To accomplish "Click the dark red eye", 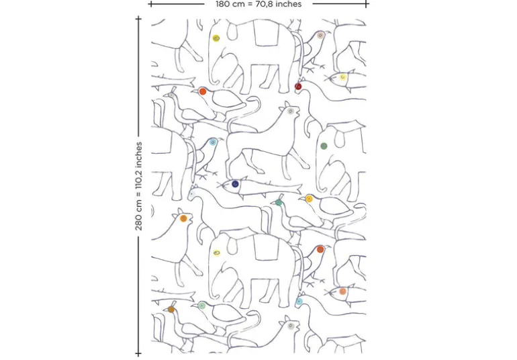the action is [x=298, y=87].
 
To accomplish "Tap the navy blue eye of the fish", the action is [x=235, y=184].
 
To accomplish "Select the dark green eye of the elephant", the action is [x=324, y=146].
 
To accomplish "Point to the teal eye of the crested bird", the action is [x=279, y=203].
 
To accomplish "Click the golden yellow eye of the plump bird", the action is [x=309, y=199].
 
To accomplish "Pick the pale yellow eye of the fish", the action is [x=343, y=77].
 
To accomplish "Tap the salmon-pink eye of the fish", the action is [x=342, y=291].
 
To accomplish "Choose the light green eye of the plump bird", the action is [x=202, y=306].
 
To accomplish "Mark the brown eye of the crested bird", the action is [x=171, y=309].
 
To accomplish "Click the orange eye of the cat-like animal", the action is [x=184, y=218].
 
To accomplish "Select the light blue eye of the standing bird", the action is [x=213, y=142].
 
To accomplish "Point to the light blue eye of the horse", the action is [x=299, y=302].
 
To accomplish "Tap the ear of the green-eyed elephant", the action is [x=339, y=138].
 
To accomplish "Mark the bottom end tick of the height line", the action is [x=138, y=353].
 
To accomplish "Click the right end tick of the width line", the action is [x=367, y=4].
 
